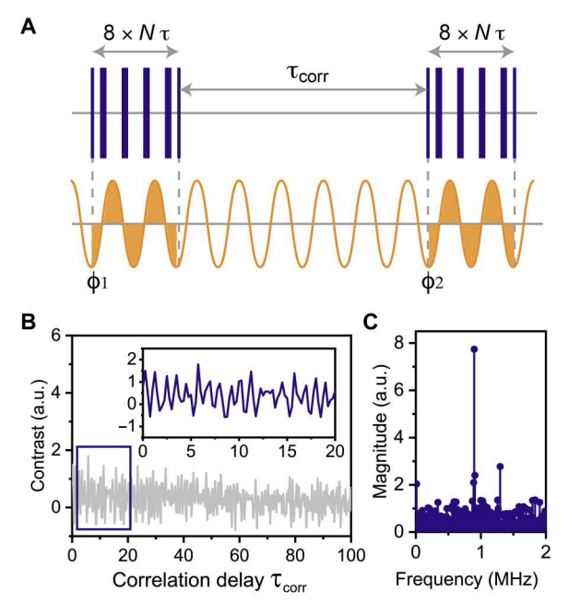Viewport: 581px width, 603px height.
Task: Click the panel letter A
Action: coord(29,29)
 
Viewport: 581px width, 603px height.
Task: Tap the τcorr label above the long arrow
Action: coord(304,72)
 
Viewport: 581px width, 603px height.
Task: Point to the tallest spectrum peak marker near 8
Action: coord(474,349)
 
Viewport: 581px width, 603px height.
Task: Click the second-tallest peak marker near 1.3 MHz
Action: coord(500,466)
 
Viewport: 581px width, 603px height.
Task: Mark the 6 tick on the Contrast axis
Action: coord(56,336)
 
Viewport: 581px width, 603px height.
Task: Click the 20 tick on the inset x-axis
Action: coord(334,452)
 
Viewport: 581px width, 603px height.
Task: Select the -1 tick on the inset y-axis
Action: coord(128,426)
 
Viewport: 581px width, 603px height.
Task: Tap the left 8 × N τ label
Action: coord(135,35)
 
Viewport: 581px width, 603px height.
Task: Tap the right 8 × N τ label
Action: coord(470,35)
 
